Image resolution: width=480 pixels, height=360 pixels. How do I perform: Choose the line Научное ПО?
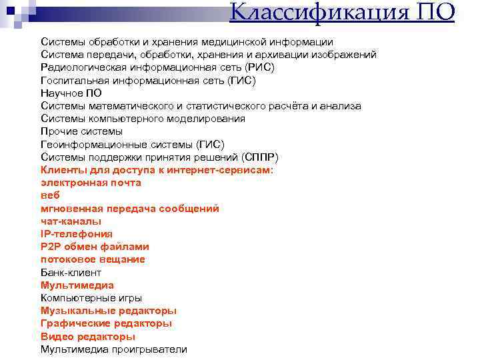[x=71, y=93]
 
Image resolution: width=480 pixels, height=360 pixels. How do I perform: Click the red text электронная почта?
[x=91, y=183]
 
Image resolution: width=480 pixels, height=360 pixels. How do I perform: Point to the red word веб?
[x=50, y=195]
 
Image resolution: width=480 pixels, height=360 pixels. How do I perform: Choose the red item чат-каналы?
[x=71, y=221]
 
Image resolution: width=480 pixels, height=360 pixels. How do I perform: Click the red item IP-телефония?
[x=77, y=234]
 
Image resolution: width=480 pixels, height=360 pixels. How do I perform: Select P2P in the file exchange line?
[x=51, y=247]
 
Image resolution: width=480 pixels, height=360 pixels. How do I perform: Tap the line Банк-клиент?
[x=71, y=273]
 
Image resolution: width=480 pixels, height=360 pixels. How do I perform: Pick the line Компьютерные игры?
[x=91, y=298]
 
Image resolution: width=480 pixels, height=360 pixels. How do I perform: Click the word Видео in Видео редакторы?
[x=56, y=337]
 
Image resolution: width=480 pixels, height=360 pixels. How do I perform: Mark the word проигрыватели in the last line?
[x=153, y=349]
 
